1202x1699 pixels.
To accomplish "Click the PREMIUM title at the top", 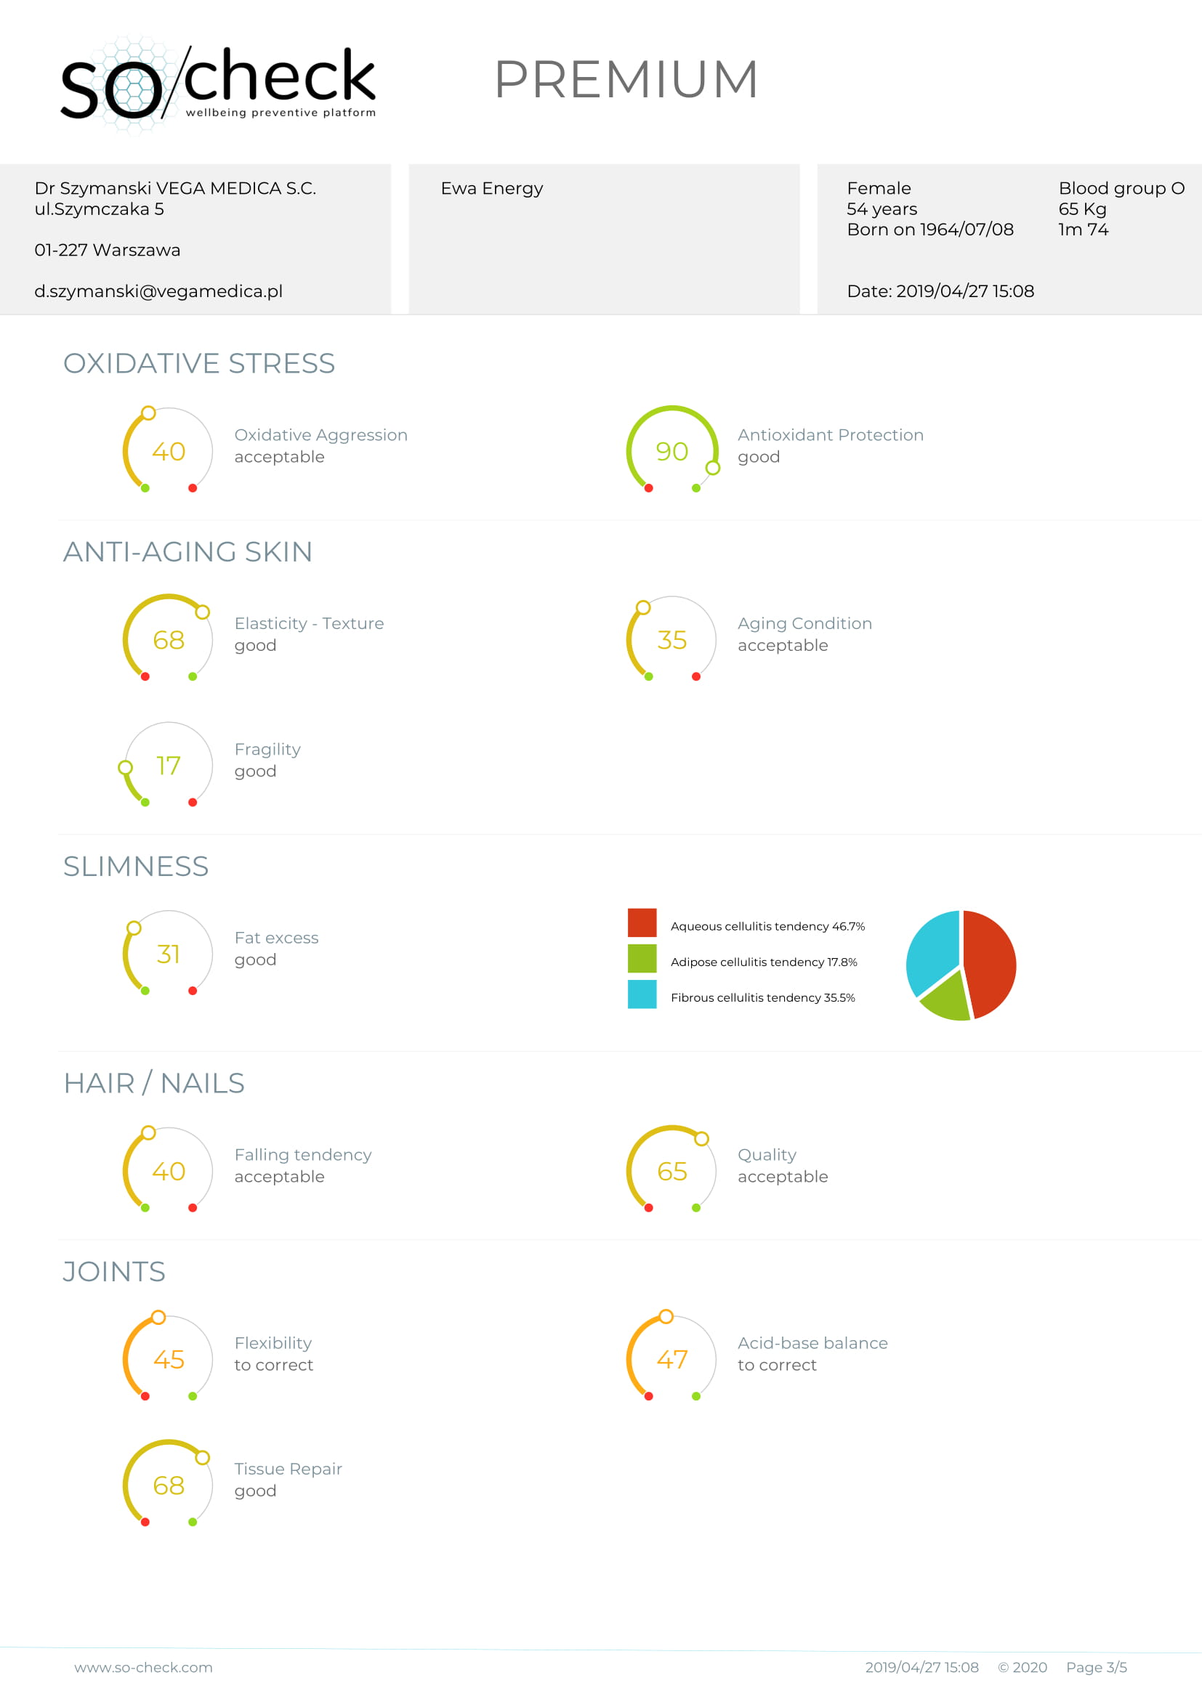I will click(626, 79).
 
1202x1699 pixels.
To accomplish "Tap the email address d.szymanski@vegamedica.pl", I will click(158, 291).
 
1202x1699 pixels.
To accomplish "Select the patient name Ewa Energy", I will click(491, 189).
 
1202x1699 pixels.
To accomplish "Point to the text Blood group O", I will click(1121, 189).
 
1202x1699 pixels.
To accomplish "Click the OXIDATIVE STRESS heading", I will click(199, 363).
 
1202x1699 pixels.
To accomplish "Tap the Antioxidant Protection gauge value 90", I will click(671, 451).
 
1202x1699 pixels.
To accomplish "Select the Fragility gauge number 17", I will click(168, 766).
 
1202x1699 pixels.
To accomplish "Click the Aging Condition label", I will click(804, 624).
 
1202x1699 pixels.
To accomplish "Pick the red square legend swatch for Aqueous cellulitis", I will click(642, 923).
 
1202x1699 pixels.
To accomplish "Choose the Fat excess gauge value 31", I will click(168, 954).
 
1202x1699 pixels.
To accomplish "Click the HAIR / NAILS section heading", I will click(154, 1083).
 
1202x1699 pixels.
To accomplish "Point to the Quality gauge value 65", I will click(671, 1172).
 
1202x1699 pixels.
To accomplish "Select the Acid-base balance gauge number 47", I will click(671, 1359).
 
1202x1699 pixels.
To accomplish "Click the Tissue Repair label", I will click(288, 1469).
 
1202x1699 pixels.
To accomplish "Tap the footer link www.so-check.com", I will click(144, 1667).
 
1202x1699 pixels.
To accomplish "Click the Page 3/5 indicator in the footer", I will click(1096, 1667).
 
